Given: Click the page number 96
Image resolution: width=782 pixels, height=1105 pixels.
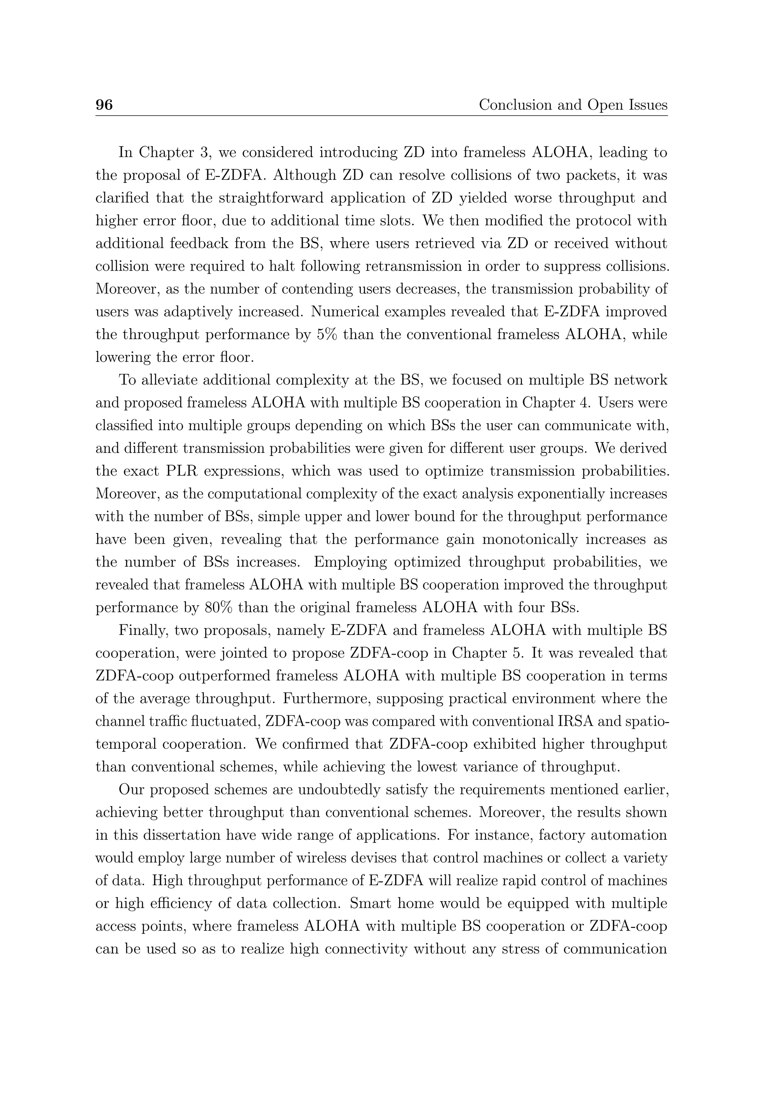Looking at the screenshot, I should pyautogui.click(x=104, y=105).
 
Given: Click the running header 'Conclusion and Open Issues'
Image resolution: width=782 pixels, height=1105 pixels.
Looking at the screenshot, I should pyautogui.click(x=572, y=105).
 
